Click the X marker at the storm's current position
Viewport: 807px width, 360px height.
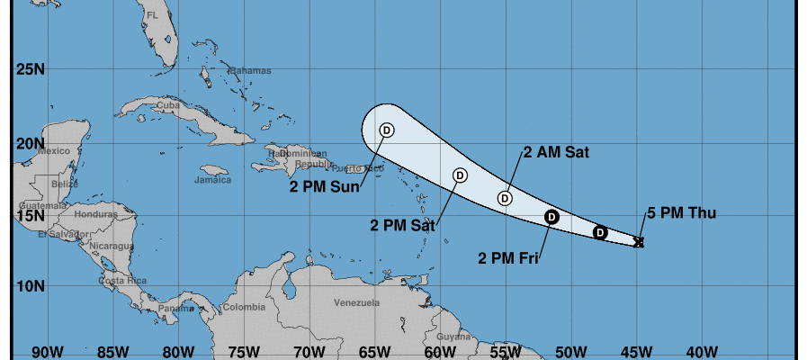coord(639,241)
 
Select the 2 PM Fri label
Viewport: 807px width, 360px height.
coord(508,259)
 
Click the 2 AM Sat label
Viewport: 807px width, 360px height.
coord(556,152)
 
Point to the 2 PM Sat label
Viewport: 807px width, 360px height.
coord(402,224)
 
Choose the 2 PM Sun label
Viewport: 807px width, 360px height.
coord(324,187)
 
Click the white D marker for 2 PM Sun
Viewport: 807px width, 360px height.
coord(387,130)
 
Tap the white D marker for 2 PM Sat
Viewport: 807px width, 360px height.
coord(460,175)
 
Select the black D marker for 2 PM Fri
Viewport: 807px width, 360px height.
coord(552,216)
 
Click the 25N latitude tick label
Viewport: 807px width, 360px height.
coord(29,68)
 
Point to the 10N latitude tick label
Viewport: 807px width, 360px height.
coord(29,286)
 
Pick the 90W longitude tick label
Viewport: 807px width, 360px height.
coord(46,350)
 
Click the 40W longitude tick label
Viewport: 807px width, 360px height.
coord(702,350)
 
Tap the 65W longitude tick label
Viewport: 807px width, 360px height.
coord(373,350)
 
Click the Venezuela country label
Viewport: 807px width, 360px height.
coord(356,303)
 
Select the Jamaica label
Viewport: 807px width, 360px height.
coord(212,180)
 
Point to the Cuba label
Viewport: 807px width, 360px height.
coord(168,105)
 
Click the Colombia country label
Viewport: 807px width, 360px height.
coord(243,307)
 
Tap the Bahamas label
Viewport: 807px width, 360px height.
coord(250,70)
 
